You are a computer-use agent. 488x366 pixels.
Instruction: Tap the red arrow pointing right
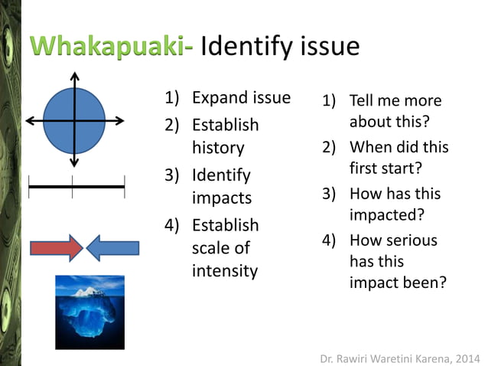[x=56, y=247]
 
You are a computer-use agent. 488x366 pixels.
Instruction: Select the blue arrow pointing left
[x=112, y=247]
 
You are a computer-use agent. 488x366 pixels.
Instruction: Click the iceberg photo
[x=89, y=312]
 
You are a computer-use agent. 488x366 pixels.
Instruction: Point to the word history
[x=217, y=148]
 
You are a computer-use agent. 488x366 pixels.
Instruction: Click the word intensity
[x=224, y=270]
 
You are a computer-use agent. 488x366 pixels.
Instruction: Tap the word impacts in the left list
[x=221, y=198]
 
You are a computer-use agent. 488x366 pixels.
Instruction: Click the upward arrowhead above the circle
[x=74, y=76]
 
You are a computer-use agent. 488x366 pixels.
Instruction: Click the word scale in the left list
[x=210, y=248]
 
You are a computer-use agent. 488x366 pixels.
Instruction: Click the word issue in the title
[x=326, y=47]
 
